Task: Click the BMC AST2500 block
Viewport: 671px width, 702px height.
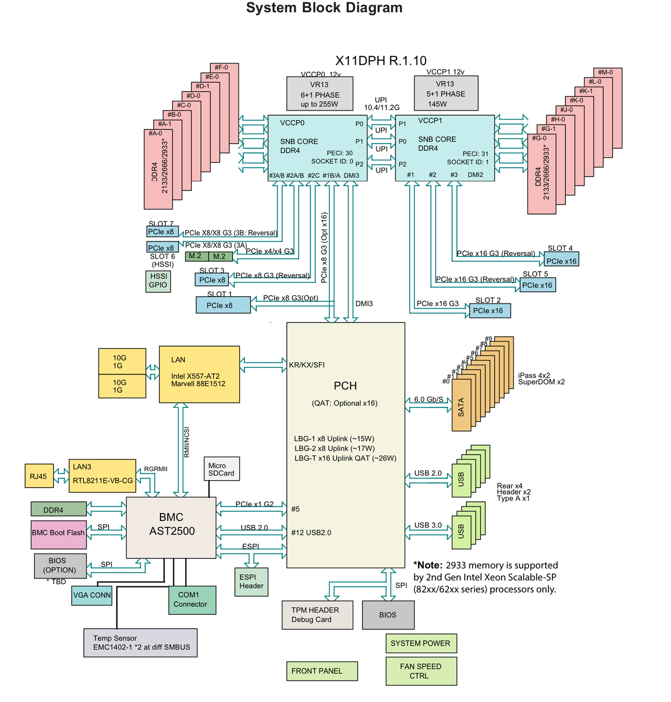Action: [x=171, y=527]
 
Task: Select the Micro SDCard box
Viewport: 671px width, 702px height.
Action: [x=222, y=469]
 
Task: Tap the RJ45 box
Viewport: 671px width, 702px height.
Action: [x=39, y=476]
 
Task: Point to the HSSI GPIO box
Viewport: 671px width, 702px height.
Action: [x=158, y=281]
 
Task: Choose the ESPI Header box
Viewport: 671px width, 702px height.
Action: [x=251, y=582]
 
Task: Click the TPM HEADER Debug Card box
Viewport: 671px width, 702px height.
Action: [x=318, y=615]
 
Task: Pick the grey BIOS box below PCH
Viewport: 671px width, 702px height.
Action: [x=388, y=615]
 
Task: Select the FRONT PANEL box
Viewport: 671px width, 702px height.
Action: [x=321, y=671]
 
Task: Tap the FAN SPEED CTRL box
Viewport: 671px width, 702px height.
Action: [x=421, y=671]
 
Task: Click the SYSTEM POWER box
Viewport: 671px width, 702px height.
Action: [x=421, y=643]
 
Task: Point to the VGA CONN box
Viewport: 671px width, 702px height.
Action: [x=92, y=595]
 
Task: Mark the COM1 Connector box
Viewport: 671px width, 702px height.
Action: [x=192, y=600]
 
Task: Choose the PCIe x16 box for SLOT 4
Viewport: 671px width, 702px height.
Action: [x=561, y=260]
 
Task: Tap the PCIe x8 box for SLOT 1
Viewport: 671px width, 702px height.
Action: [x=223, y=305]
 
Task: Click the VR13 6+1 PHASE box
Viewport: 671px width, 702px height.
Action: [x=320, y=94]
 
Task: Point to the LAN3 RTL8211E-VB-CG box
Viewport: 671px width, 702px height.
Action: [x=102, y=476]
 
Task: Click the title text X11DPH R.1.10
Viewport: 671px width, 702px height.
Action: [x=381, y=61]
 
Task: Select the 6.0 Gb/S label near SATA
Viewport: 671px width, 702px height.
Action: [x=428, y=399]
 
